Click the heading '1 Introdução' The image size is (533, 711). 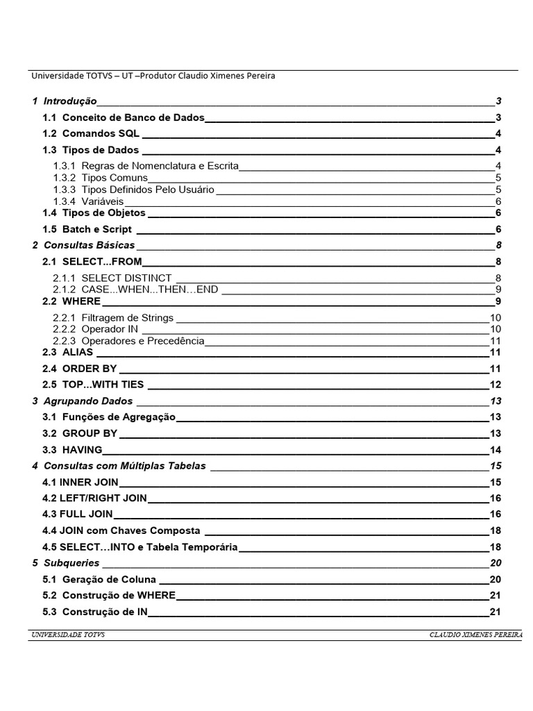[x=65, y=101]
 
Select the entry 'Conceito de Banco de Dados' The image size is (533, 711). [x=133, y=117]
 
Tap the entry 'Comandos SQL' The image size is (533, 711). [x=101, y=133]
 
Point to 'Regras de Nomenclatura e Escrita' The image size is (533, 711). [x=160, y=166]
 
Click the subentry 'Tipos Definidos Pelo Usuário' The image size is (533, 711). [x=147, y=190]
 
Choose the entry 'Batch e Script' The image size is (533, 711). [x=96, y=229]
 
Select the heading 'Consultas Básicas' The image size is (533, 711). [x=89, y=245]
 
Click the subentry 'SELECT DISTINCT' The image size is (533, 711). [x=126, y=278]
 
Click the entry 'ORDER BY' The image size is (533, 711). [x=90, y=369]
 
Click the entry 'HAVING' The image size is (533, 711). [x=82, y=449]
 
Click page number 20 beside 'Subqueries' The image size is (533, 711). [x=496, y=562]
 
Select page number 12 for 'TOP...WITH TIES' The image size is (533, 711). [x=496, y=385]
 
